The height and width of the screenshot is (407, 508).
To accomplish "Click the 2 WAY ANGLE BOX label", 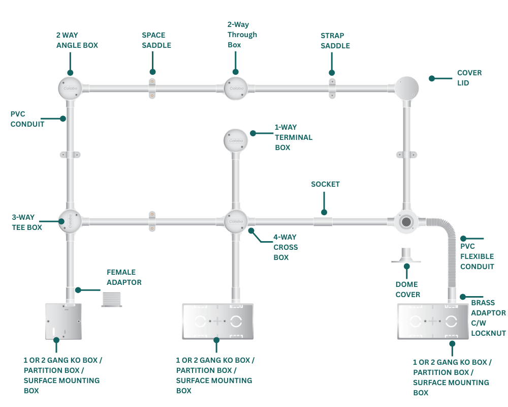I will click(77, 41).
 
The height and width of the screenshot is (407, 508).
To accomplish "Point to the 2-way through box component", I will click(235, 88).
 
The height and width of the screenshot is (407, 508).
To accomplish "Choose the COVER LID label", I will click(469, 77).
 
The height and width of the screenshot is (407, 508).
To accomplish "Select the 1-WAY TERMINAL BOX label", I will click(293, 137).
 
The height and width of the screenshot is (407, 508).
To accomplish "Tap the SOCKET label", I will click(325, 184).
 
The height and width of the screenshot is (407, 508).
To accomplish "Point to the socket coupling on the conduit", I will click(322, 221).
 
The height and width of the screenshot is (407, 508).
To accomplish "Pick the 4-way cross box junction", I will click(235, 221).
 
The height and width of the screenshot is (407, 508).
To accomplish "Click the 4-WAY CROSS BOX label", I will click(285, 247).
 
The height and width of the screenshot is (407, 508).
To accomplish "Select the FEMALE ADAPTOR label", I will click(123, 277).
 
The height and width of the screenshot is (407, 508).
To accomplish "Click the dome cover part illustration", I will click(406, 255).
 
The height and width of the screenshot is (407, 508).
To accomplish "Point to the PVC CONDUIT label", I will click(27, 119).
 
